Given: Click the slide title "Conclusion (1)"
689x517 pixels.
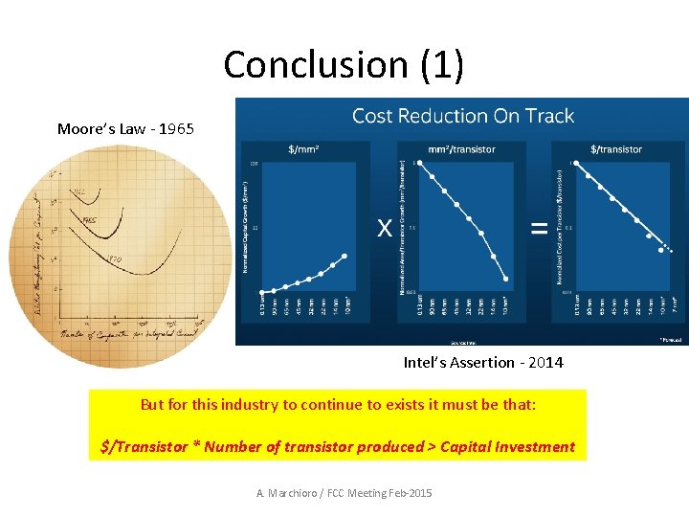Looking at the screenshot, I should point(344,64).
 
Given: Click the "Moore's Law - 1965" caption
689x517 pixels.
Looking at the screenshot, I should point(125,128).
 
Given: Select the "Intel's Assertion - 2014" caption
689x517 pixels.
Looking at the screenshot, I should point(483,362).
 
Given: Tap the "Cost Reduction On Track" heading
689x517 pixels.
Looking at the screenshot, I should point(463,116).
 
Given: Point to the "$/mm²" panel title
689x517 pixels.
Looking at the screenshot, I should point(305,149).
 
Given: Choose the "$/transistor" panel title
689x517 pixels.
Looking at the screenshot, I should point(616,149).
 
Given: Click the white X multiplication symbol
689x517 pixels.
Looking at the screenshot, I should point(385,228).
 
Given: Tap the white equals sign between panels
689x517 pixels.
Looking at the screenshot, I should point(539,228).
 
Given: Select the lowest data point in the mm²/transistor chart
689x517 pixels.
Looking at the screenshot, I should point(506,280).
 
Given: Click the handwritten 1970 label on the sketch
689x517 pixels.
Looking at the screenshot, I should point(114,258).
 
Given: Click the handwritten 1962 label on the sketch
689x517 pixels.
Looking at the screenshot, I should point(79,191).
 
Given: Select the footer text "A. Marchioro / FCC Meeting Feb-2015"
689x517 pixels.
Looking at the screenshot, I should point(344,492).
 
